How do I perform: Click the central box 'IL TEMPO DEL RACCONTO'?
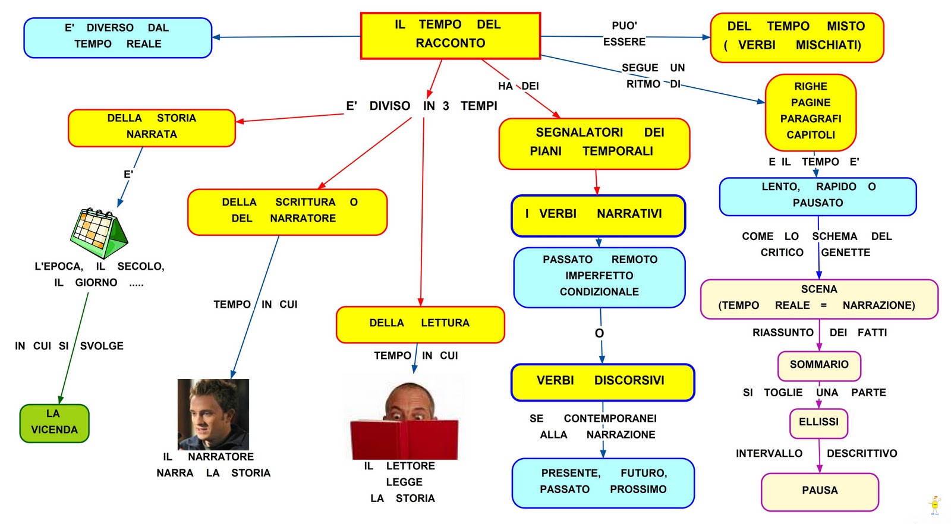450,36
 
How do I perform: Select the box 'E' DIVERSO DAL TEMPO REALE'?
118,37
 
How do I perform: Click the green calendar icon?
99,232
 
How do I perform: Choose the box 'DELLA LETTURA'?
420,324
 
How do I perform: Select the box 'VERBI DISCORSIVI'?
602,381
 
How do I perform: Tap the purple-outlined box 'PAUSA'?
820,491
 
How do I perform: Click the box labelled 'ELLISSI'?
818,422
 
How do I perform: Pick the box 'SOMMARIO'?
819,365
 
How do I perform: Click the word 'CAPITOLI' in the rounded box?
811,135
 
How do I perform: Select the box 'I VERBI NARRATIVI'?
598,215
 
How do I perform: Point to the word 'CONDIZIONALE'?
599,292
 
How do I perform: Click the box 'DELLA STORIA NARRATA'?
152,127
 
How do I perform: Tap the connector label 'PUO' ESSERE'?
624,34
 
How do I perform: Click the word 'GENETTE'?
845,252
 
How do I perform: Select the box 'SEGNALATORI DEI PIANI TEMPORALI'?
594,143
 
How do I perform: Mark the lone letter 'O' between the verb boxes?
599,333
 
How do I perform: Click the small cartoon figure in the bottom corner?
934,504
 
